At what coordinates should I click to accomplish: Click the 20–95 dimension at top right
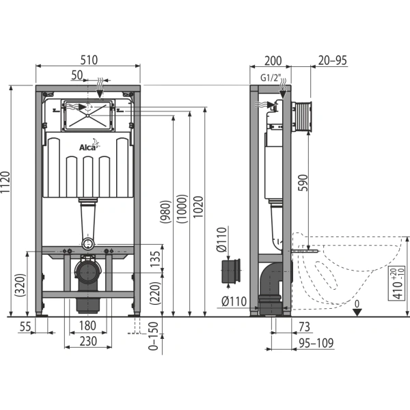pyautogui.click(x=333, y=60)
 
